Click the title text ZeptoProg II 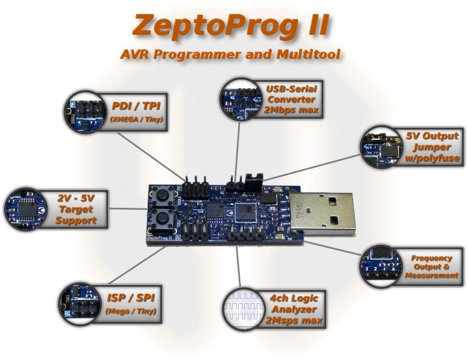[231, 25]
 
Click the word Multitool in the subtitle [308, 55]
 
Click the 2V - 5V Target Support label [76, 209]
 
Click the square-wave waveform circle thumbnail [242, 309]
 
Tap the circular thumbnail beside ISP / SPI [78, 303]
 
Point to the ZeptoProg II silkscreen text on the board [159, 238]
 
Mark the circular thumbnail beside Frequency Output [380, 266]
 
